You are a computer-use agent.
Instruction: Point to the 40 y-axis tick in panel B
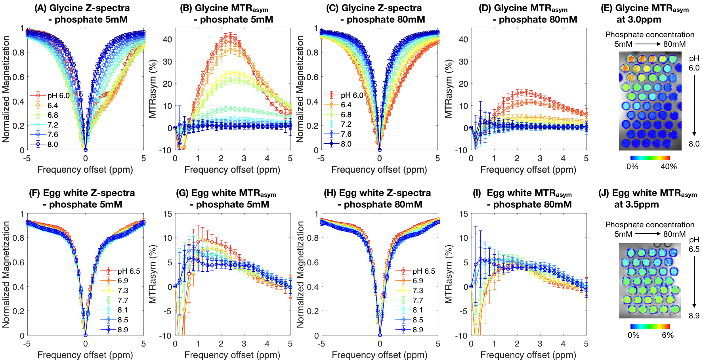pyautogui.click(x=167, y=39)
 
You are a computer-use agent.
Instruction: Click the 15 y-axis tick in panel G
pyautogui.click(x=168, y=214)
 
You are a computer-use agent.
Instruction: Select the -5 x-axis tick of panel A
pyautogui.click(x=27, y=158)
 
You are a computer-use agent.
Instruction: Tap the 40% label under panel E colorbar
pyautogui.click(x=669, y=167)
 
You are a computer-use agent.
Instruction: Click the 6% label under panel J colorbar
pyautogui.click(x=668, y=335)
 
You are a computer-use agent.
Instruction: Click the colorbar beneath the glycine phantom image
pyautogui.click(x=650, y=158)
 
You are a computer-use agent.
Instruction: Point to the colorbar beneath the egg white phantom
pyautogui.click(x=650, y=326)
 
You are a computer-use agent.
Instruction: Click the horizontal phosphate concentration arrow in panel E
pyautogui.click(x=648, y=44)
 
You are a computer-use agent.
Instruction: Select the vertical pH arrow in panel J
pyautogui.click(x=694, y=282)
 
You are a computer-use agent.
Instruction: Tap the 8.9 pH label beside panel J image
pyautogui.click(x=694, y=316)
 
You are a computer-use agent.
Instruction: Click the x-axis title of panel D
pyautogui.click(x=528, y=170)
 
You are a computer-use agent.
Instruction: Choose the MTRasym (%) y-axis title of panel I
pyautogui.click(x=448, y=274)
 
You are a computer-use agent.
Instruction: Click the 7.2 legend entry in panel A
pyautogui.click(x=53, y=125)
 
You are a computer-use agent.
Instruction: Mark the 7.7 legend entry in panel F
pyautogui.click(x=123, y=301)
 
